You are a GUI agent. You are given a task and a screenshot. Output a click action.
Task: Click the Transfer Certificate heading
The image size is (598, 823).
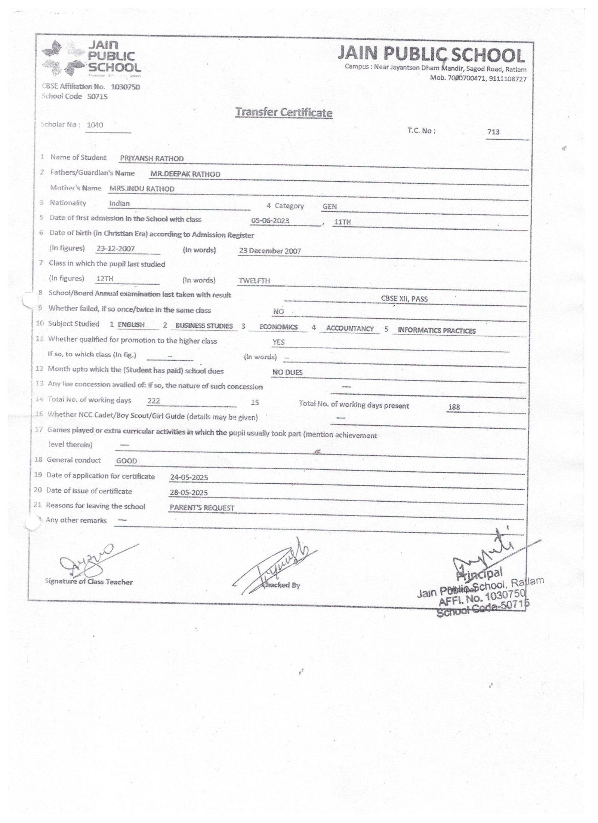coord(284,112)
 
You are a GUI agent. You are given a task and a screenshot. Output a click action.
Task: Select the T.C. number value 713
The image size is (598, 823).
coord(493,132)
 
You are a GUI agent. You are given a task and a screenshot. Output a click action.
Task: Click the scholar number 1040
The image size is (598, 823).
coord(95,125)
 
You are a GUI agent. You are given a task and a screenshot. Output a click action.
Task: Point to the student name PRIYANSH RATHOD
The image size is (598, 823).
coord(152,159)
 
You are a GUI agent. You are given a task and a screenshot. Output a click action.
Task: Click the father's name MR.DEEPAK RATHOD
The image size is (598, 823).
coord(185,174)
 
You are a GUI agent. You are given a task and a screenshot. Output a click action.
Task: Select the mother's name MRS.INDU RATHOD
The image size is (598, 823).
coord(142,189)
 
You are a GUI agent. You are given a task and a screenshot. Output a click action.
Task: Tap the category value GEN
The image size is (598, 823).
coord(330,206)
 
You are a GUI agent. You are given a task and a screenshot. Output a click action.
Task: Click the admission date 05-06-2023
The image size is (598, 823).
coord(270,221)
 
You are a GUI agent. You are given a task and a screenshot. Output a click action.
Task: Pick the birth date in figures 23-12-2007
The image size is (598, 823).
coord(115,249)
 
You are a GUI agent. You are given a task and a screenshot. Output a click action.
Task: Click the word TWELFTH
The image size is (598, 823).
coord(254,281)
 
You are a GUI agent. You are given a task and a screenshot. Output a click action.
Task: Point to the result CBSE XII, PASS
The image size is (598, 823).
coord(404,299)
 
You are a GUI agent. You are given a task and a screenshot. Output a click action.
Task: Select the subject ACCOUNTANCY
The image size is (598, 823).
coord(350,328)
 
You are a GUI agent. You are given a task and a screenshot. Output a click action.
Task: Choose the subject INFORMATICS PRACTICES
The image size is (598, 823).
coord(437,331)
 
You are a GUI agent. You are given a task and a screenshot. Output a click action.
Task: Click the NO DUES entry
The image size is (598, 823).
coord(287,373)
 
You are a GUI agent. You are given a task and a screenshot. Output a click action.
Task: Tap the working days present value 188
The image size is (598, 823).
coord(454,407)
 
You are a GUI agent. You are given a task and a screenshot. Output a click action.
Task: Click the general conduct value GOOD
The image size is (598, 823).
coord(127,461)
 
